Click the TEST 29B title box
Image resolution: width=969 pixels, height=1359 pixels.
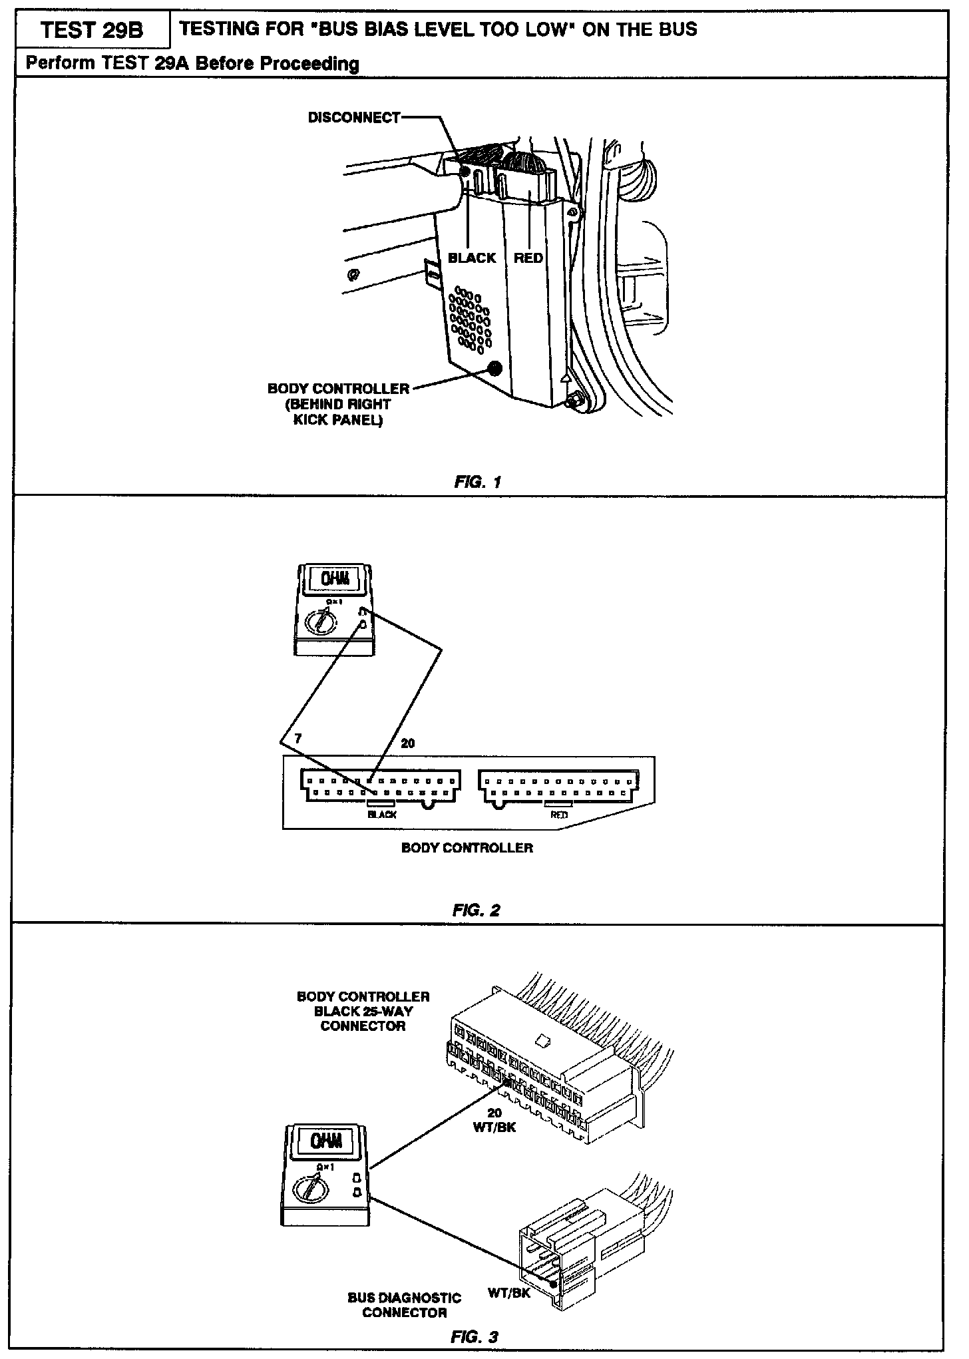tap(92, 31)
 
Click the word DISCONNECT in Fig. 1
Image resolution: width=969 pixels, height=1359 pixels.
tap(353, 118)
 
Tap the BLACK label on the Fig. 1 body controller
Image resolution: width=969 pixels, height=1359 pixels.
tap(472, 258)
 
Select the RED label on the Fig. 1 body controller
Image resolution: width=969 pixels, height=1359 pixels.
tap(528, 258)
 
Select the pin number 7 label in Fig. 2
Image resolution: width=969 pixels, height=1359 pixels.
tap(297, 739)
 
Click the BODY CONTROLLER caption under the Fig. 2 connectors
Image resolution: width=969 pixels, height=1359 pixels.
tap(467, 848)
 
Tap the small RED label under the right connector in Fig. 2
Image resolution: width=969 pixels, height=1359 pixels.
tap(559, 815)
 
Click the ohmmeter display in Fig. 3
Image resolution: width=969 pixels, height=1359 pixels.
tap(327, 1141)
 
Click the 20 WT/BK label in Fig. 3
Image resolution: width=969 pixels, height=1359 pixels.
tap(494, 1120)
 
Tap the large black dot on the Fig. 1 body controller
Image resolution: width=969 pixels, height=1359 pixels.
tap(494, 369)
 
